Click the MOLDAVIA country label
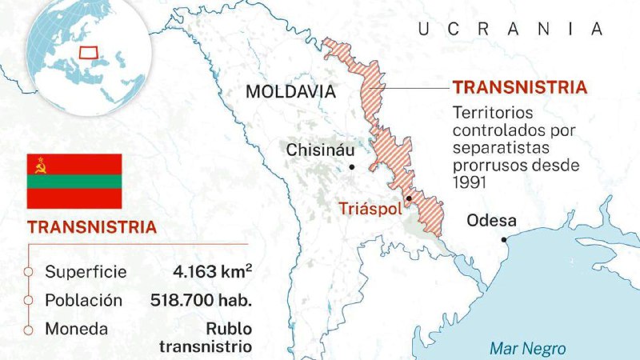click(290, 91)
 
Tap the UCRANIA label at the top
click(510, 30)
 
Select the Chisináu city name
click(320, 150)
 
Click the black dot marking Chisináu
click(352, 167)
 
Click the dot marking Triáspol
click(409, 198)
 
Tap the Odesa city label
click(491, 221)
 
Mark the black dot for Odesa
click(504, 239)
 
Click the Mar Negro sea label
click(527, 348)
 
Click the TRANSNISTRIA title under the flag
click(92, 226)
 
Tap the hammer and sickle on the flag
click(38, 165)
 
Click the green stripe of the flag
click(74, 181)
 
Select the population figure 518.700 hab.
click(201, 301)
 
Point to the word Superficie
click(86, 271)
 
